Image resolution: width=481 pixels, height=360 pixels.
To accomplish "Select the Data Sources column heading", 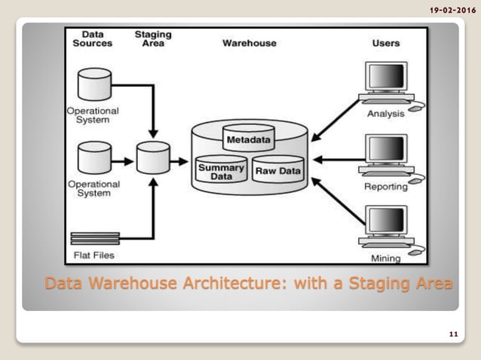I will pyautogui.click(x=92, y=39).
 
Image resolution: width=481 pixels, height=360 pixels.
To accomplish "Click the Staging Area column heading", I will pyautogui.click(x=154, y=39).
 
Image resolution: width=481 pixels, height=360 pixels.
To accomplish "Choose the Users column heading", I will pyautogui.click(x=385, y=43).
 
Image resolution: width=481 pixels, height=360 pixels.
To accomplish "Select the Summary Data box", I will pyautogui.click(x=221, y=171).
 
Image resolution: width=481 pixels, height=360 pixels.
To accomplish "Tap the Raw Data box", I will pyautogui.click(x=277, y=171).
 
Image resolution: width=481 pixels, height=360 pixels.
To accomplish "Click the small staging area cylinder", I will pyautogui.click(x=154, y=158).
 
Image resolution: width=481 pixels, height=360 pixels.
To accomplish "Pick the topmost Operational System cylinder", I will pyautogui.click(x=95, y=84).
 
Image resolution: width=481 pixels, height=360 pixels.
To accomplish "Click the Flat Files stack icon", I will pyautogui.click(x=94, y=239).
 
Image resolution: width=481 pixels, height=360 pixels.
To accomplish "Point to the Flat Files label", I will pyautogui.click(x=94, y=255).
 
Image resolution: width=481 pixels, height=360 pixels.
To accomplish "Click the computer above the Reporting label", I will pyautogui.click(x=387, y=156).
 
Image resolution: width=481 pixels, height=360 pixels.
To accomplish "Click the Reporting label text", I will pyautogui.click(x=386, y=186).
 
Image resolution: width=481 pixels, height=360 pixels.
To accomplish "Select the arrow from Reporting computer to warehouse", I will pyautogui.click(x=337, y=160).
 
